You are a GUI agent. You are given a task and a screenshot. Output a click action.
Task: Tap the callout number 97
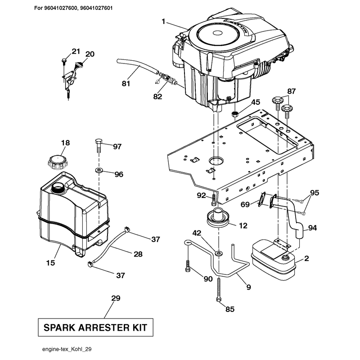(x=117, y=147)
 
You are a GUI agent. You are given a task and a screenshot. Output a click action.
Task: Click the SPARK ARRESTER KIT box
(x=95, y=328)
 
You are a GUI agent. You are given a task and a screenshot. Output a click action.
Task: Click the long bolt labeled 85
(x=218, y=289)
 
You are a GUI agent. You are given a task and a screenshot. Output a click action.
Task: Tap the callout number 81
(x=126, y=84)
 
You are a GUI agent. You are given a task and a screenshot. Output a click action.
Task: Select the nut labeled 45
(x=234, y=114)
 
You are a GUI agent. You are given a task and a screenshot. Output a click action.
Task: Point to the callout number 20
(x=90, y=54)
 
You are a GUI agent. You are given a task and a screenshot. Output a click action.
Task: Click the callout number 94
(x=312, y=228)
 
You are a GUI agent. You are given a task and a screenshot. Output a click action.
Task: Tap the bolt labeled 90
(x=188, y=266)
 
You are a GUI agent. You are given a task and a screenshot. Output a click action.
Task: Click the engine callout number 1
(x=163, y=22)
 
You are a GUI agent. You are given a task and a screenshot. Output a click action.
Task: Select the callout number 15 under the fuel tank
(x=50, y=262)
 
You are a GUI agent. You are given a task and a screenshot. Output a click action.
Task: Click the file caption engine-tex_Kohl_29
(x=67, y=349)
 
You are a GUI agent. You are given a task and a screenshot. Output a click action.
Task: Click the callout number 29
(x=116, y=298)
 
